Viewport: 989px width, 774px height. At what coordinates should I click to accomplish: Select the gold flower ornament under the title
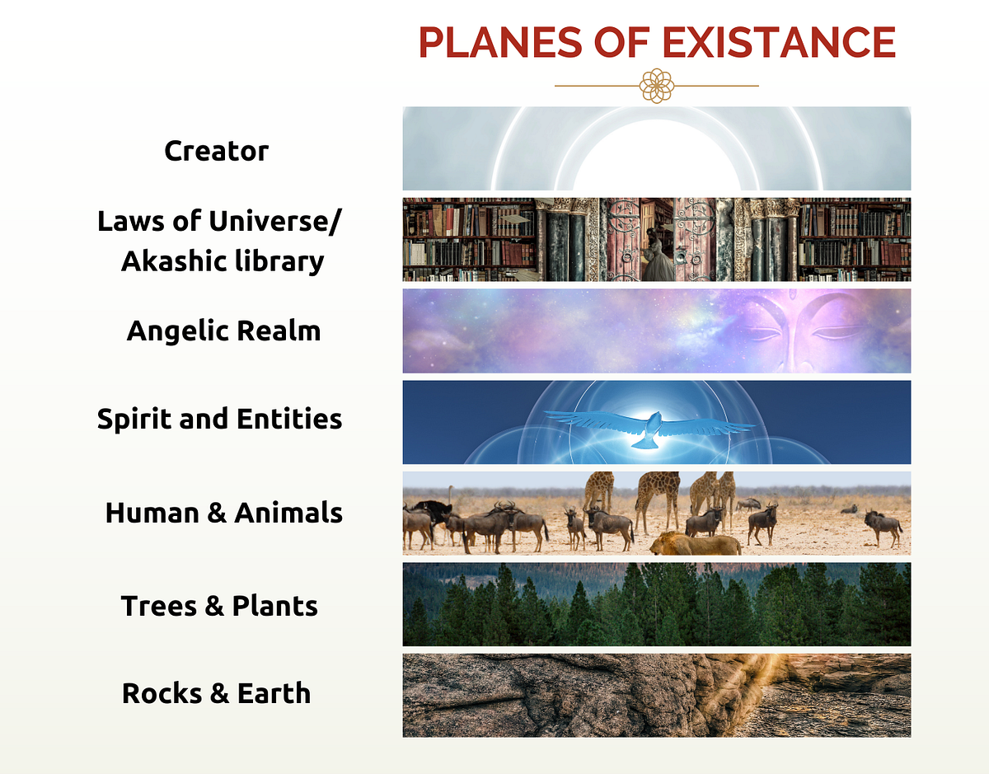point(657,86)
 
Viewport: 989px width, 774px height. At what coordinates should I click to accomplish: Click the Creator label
point(216,151)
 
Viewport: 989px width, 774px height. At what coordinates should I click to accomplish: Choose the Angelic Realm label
point(223,331)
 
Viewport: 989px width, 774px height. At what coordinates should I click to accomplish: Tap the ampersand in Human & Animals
point(217,513)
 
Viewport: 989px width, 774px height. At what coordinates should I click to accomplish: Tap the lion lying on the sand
point(696,543)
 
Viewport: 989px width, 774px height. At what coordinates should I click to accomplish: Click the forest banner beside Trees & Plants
point(657,604)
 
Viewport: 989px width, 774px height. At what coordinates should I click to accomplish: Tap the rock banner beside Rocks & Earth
point(657,696)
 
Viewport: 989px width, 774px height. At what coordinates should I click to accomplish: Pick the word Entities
point(289,419)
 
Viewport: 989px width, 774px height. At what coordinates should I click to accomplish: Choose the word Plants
point(274,606)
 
